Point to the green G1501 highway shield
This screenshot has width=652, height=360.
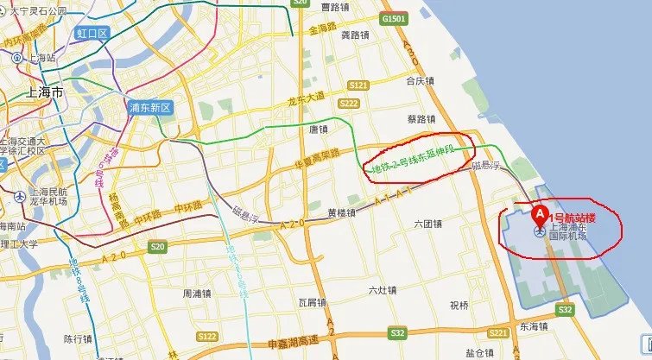(x=392, y=17)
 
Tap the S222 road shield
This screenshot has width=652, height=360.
(x=349, y=103)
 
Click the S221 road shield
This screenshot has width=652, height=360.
(x=498, y=332)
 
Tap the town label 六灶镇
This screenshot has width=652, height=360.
(x=382, y=290)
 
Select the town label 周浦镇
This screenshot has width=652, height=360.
(x=195, y=294)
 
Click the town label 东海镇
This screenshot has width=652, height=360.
(x=534, y=326)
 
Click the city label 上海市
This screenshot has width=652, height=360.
(x=45, y=92)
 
